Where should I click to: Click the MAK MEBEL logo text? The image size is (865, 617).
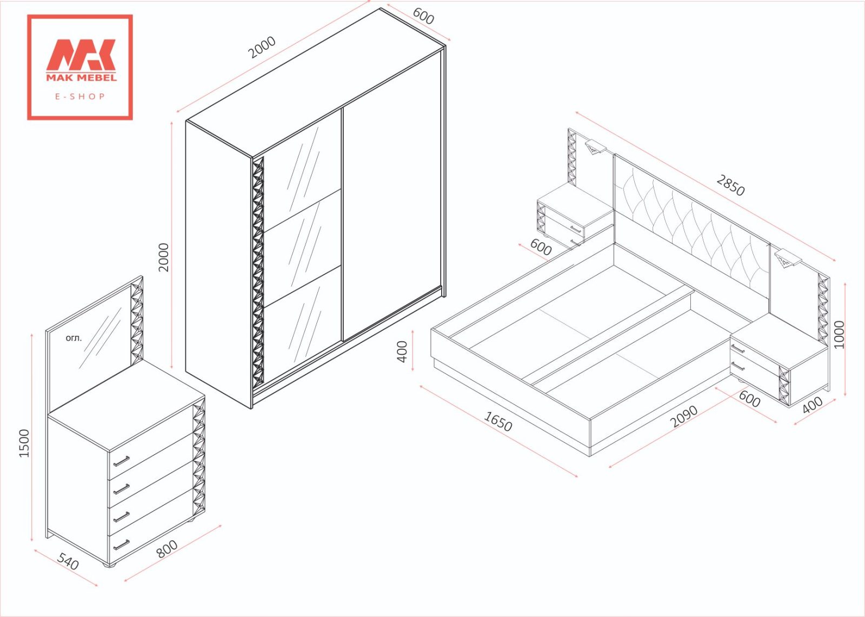click(82, 77)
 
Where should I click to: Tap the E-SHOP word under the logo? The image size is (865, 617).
click(80, 96)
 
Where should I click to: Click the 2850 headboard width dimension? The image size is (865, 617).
click(730, 185)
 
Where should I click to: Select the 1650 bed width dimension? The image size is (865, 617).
click(498, 421)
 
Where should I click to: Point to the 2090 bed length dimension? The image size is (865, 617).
click(684, 416)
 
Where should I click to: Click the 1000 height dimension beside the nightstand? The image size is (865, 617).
click(839, 334)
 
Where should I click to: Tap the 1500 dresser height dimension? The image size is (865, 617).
click(24, 443)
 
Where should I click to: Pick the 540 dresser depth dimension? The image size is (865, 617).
click(68, 562)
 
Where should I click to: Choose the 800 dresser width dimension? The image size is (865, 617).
click(167, 549)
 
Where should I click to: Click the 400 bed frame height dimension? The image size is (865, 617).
click(402, 351)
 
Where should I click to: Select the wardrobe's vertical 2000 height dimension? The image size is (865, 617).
click(164, 257)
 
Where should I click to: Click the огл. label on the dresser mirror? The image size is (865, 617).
click(74, 338)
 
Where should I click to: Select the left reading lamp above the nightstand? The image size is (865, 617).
click(595, 147)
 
